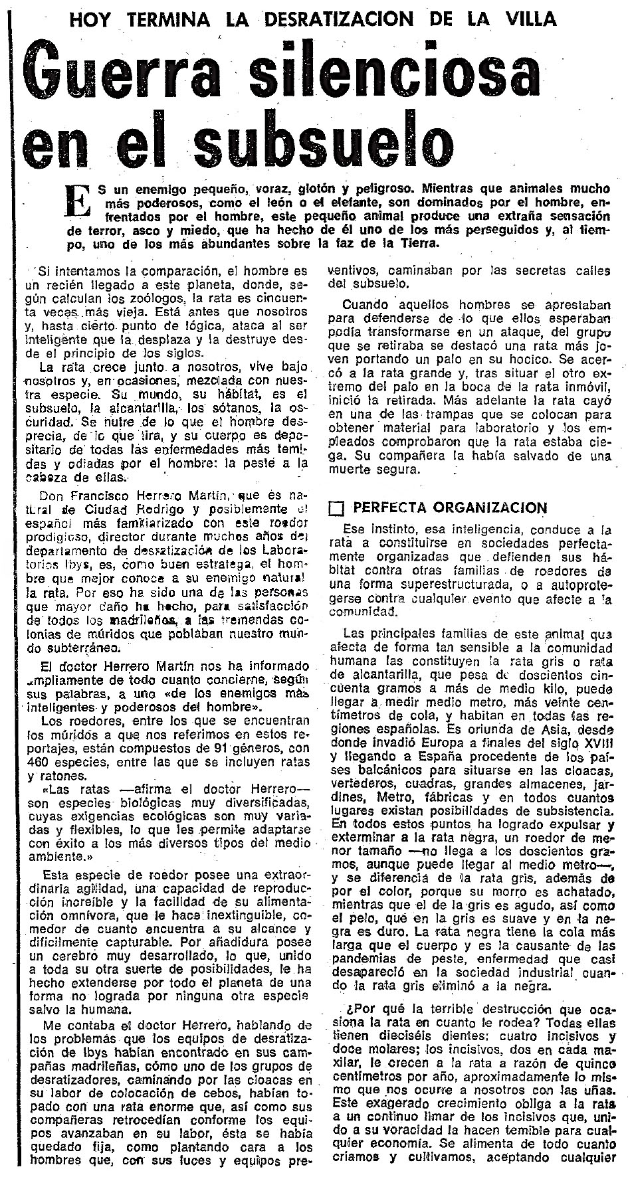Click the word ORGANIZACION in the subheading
coord(494,508)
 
